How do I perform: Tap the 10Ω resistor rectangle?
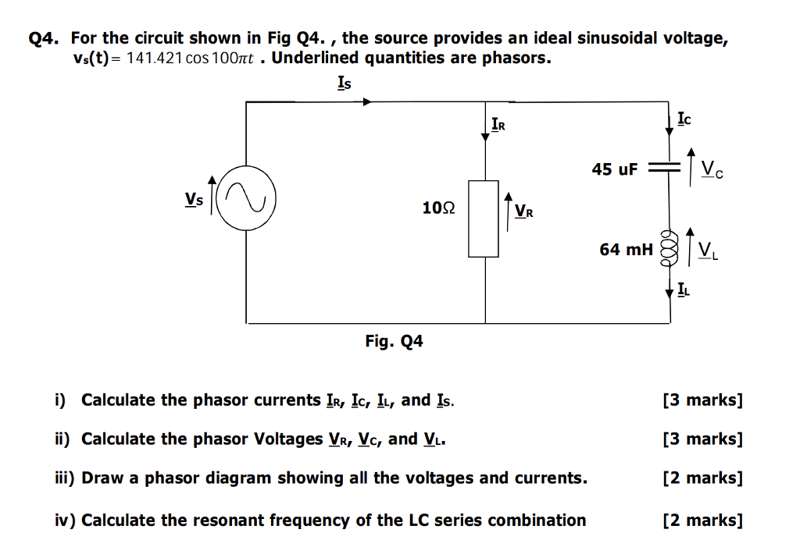[484, 219]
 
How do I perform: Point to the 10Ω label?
[437, 208]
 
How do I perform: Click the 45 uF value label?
[615, 169]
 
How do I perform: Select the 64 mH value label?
[626, 249]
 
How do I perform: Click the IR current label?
[498, 123]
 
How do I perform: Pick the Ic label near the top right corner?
[684, 119]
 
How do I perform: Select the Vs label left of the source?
[194, 200]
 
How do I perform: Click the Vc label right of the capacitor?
[711, 168]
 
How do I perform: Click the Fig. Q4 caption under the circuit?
[394, 341]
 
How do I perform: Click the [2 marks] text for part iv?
[702, 520]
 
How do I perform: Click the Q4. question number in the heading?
[45, 38]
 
